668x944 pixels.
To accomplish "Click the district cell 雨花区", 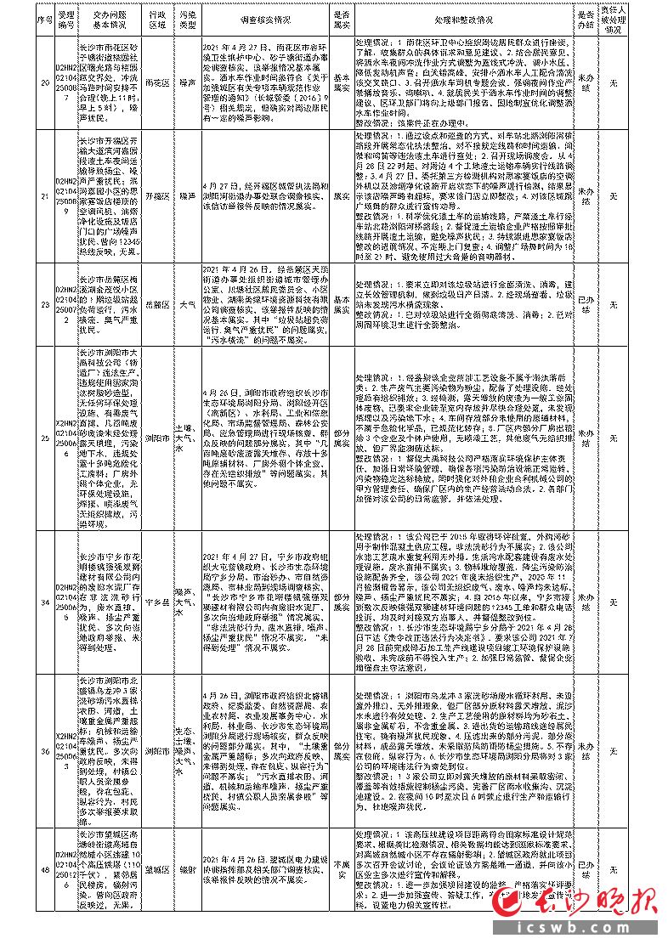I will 155,82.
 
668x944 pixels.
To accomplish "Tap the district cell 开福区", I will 155,195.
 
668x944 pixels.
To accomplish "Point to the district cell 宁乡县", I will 155,602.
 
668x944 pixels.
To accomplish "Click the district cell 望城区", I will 155,863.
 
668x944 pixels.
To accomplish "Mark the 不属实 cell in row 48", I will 341,863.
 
